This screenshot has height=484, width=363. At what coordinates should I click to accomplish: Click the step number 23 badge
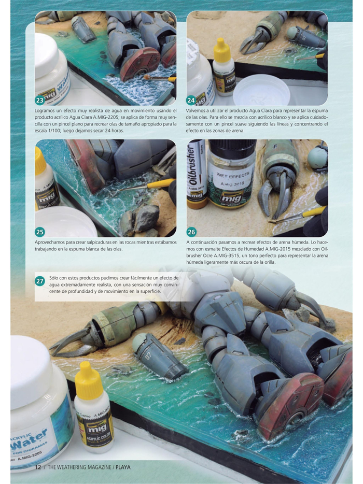click(39, 99)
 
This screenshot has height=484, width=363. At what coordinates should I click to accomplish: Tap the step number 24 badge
click(191, 99)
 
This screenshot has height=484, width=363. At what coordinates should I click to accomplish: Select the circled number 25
click(39, 232)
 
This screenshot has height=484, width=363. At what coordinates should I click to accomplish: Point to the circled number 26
click(191, 232)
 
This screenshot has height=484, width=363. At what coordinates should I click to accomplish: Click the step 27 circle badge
click(39, 281)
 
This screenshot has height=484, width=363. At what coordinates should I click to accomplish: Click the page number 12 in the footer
click(38, 467)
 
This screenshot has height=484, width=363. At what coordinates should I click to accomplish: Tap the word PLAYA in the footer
click(123, 467)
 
